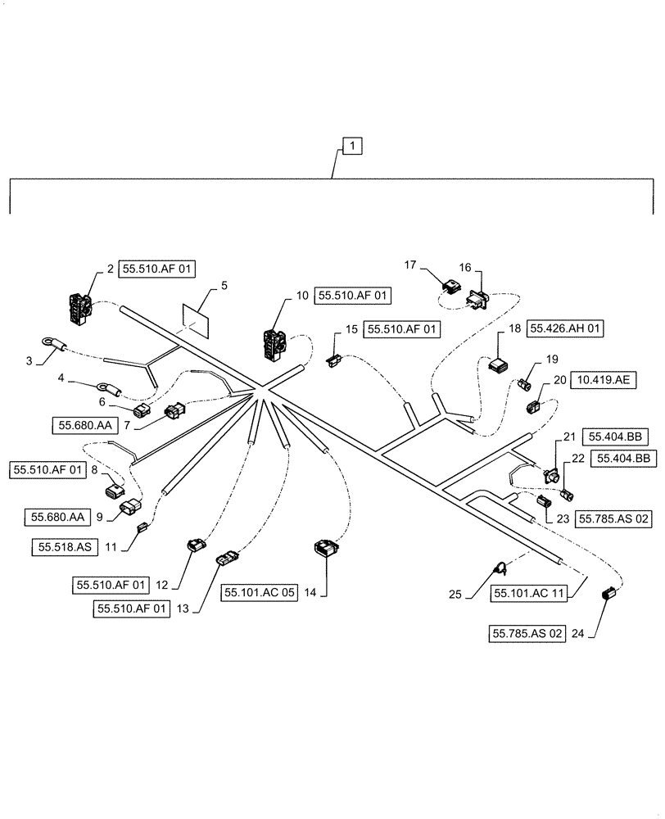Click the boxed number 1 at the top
point(351,147)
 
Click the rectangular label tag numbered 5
point(194,320)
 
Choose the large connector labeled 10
point(274,345)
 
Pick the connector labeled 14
point(327,548)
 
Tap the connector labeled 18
point(499,364)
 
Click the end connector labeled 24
point(607,595)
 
